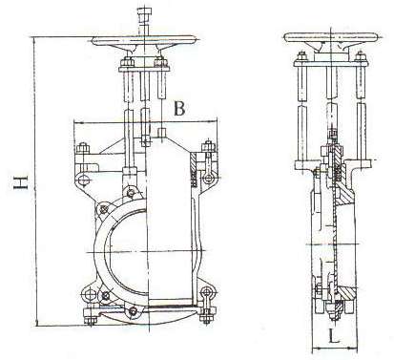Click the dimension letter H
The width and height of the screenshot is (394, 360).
(x=21, y=182)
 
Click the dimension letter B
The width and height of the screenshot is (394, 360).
(x=179, y=109)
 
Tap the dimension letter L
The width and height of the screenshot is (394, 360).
(x=333, y=336)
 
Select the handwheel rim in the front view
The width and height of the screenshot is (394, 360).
(x=143, y=40)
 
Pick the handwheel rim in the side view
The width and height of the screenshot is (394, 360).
(x=333, y=37)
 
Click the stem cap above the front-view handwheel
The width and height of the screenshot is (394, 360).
(x=142, y=13)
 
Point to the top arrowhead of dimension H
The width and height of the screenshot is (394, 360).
(x=35, y=40)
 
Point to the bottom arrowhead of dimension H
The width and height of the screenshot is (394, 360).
(x=37, y=323)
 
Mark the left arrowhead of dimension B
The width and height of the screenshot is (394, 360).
(x=77, y=122)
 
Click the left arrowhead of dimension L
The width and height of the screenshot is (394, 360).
(x=316, y=349)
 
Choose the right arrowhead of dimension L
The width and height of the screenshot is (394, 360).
(x=353, y=349)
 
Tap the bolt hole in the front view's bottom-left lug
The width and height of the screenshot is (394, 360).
(x=91, y=294)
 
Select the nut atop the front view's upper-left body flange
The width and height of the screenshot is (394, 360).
(x=83, y=148)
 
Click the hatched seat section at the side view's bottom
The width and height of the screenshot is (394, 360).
(x=345, y=291)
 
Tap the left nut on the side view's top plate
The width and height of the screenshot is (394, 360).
(x=301, y=56)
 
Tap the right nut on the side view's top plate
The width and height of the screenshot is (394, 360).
(x=360, y=56)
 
